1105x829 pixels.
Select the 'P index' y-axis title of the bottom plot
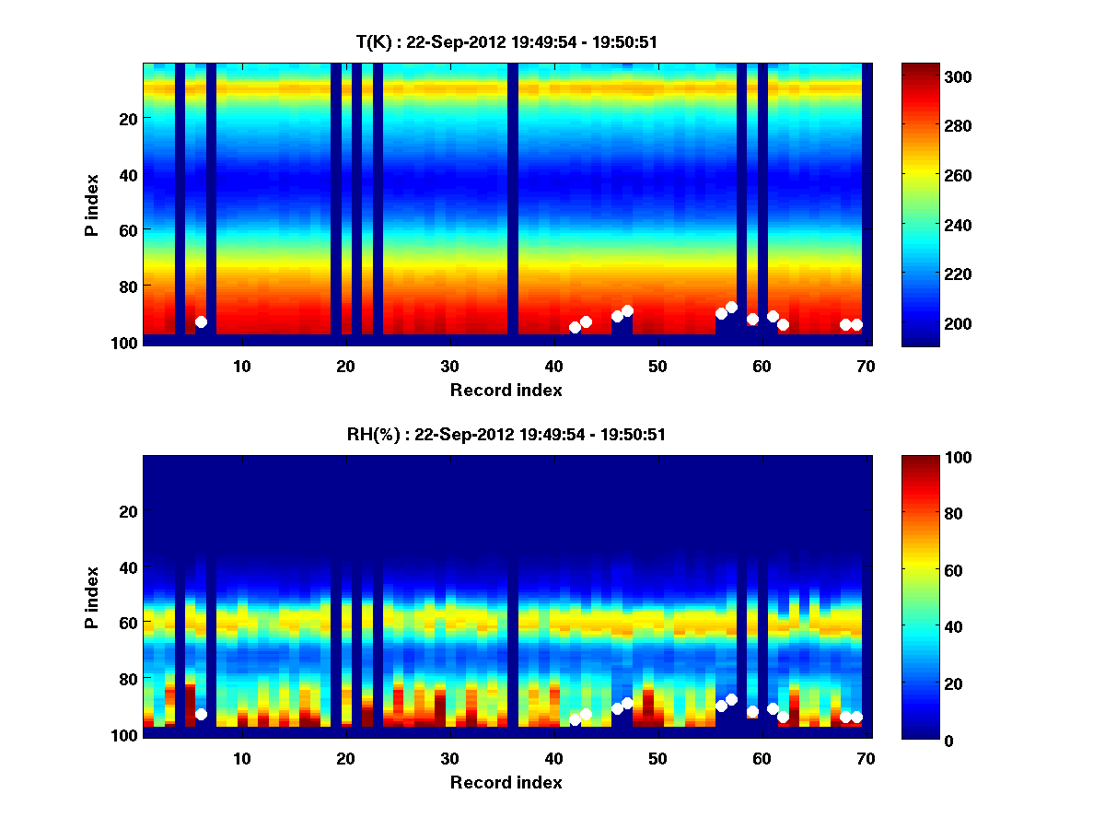click(x=92, y=597)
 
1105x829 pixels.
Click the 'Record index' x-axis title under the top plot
click(x=506, y=390)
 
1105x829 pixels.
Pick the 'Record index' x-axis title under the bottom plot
click(x=506, y=782)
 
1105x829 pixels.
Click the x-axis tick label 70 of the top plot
click(x=866, y=366)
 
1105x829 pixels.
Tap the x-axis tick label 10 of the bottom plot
click(x=241, y=758)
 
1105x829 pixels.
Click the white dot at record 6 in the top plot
click(x=201, y=321)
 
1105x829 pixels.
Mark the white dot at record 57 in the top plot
click(x=731, y=308)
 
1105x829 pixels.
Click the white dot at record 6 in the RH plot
click(x=201, y=714)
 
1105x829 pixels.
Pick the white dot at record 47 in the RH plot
click(x=627, y=703)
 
